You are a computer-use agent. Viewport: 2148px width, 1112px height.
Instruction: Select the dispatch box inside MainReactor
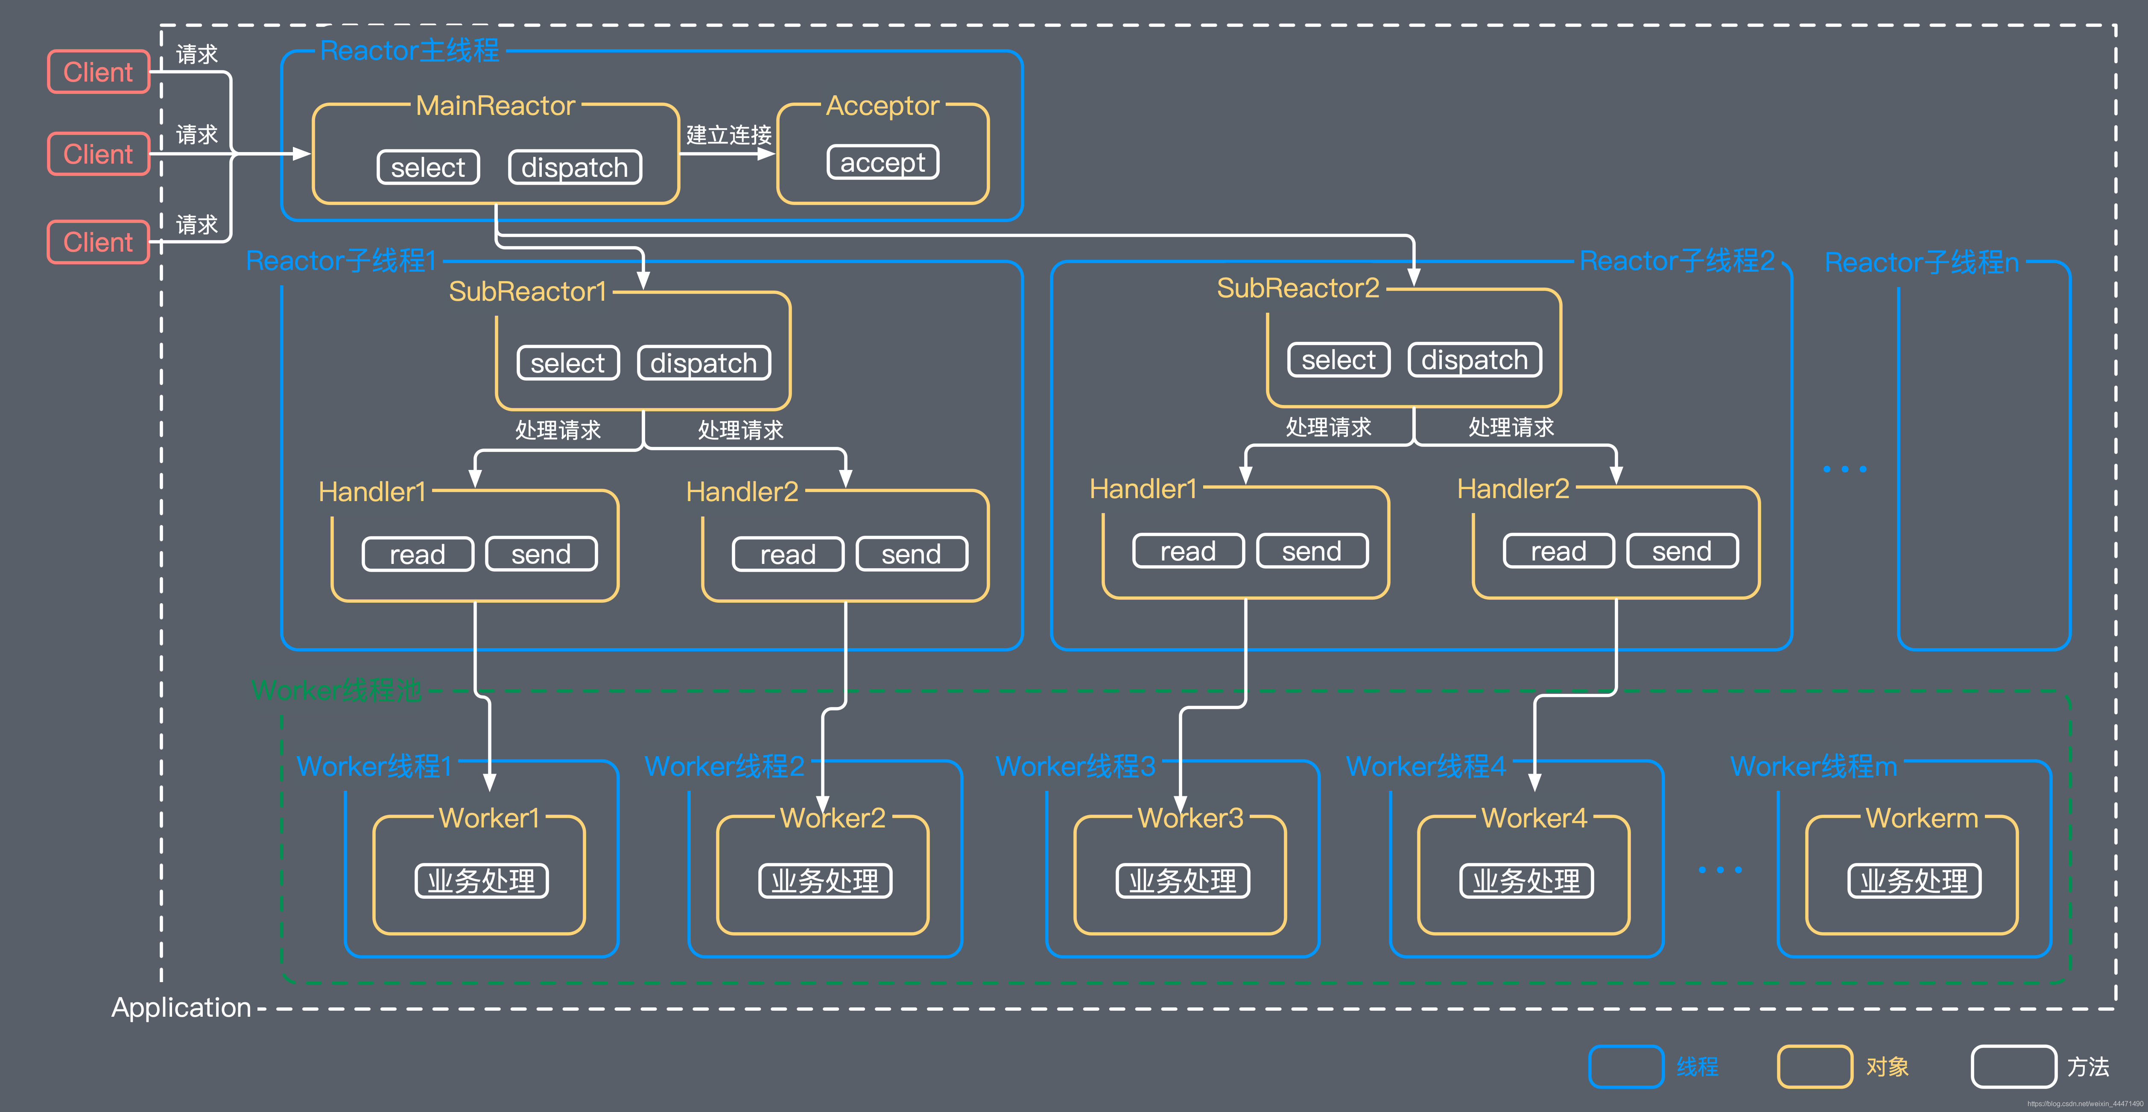click(575, 167)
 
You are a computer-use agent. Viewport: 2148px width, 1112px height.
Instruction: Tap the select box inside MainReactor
click(428, 167)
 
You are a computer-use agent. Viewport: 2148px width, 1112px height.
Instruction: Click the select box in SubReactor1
click(568, 363)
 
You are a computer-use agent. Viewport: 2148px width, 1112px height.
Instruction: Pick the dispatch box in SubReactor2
click(1474, 360)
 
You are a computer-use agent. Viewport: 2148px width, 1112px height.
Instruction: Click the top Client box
click(98, 72)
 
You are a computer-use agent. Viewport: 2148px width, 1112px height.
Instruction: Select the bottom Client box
click(98, 242)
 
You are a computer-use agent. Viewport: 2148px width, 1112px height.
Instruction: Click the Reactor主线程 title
click(409, 50)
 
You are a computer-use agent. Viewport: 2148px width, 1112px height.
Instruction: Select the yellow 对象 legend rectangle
click(1815, 1066)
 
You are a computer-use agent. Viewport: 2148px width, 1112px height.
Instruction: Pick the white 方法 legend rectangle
click(2013, 1066)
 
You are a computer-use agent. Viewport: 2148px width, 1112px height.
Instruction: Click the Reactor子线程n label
click(1921, 262)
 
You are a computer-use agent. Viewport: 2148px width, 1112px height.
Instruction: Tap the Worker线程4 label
click(1426, 766)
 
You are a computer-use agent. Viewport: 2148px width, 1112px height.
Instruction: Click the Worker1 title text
click(489, 818)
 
